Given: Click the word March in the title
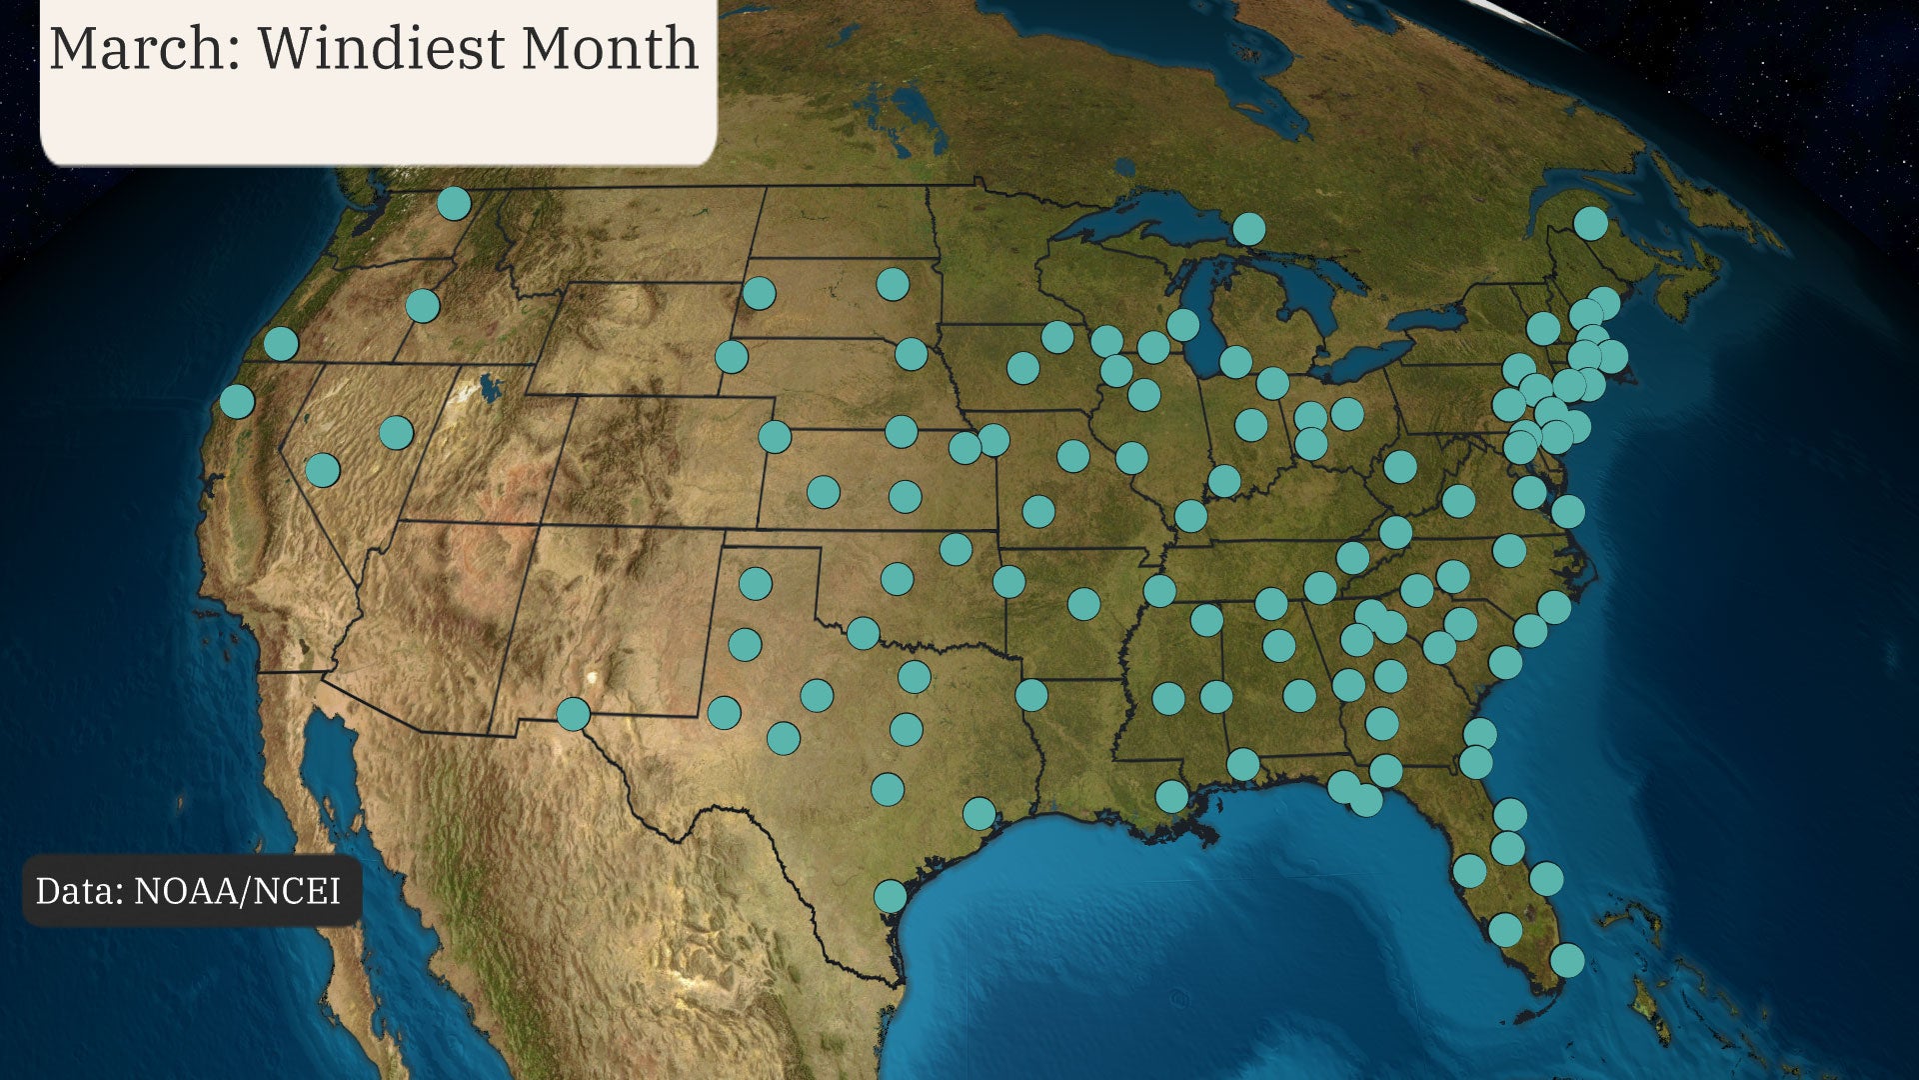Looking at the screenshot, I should tap(139, 48).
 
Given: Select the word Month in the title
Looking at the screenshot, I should tap(610, 48).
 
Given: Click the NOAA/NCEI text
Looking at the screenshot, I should tap(238, 890).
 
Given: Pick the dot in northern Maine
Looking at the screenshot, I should tap(1591, 223).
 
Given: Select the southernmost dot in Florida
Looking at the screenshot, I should tap(1567, 960).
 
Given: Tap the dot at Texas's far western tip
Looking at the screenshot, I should tap(573, 714).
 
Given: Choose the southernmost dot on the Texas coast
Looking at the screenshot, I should tap(891, 895).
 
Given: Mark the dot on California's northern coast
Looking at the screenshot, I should tap(237, 401).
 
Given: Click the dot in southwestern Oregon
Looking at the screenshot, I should tap(281, 343).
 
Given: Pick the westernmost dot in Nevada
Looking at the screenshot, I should tap(322, 469).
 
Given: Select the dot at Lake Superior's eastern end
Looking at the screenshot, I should tap(1248, 229).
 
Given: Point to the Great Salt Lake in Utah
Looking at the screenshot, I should tap(489, 386).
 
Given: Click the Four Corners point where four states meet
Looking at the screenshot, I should tap(540, 523).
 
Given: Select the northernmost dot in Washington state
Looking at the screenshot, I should tap(454, 203).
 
